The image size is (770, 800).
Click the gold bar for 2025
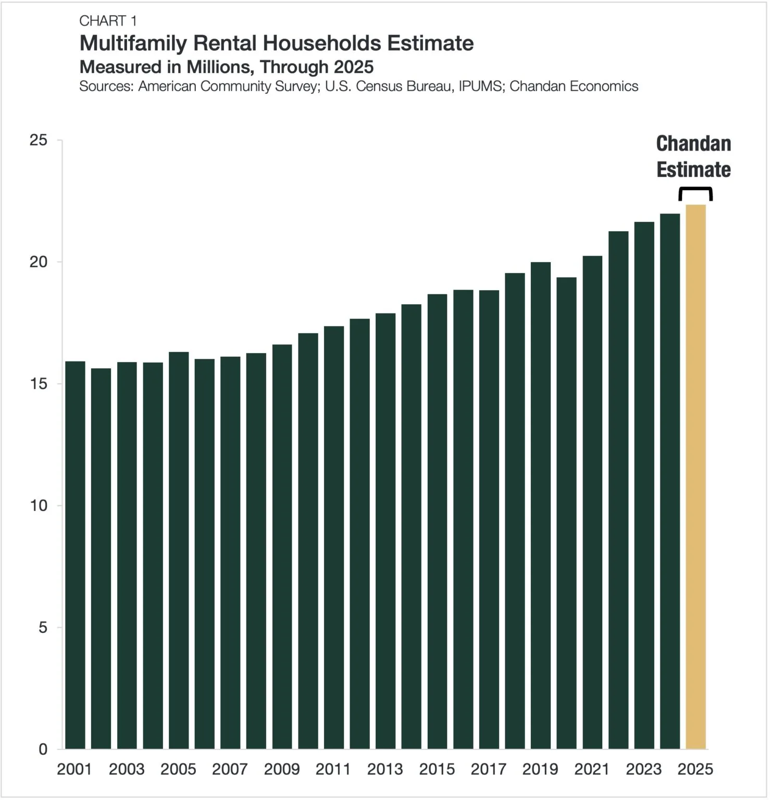coord(696,477)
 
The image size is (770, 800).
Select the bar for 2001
coord(75,555)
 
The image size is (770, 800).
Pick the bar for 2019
coord(540,505)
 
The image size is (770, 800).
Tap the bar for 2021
coord(592,503)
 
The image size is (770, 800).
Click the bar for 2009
coord(282,547)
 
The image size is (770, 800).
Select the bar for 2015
coord(437,521)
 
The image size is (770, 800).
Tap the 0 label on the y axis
coord(43,749)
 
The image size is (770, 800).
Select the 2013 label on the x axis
coord(385,769)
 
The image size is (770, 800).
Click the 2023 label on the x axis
coord(643,769)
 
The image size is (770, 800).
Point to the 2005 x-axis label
coord(178,769)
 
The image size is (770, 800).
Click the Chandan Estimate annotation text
coord(693,157)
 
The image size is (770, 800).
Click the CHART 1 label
coord(108,21)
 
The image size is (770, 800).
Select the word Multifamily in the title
coord(133,43)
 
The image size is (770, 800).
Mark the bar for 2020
coord(566,513)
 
